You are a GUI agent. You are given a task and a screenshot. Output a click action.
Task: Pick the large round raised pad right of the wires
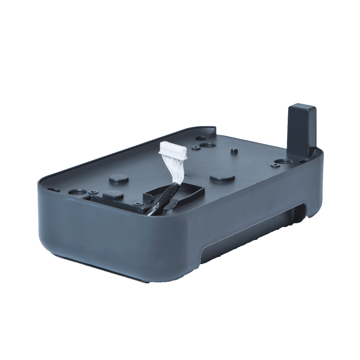point(222,177)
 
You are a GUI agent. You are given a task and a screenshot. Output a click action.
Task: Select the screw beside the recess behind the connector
point(195,148)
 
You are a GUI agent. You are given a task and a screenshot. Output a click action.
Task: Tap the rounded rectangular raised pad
point(112,194)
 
